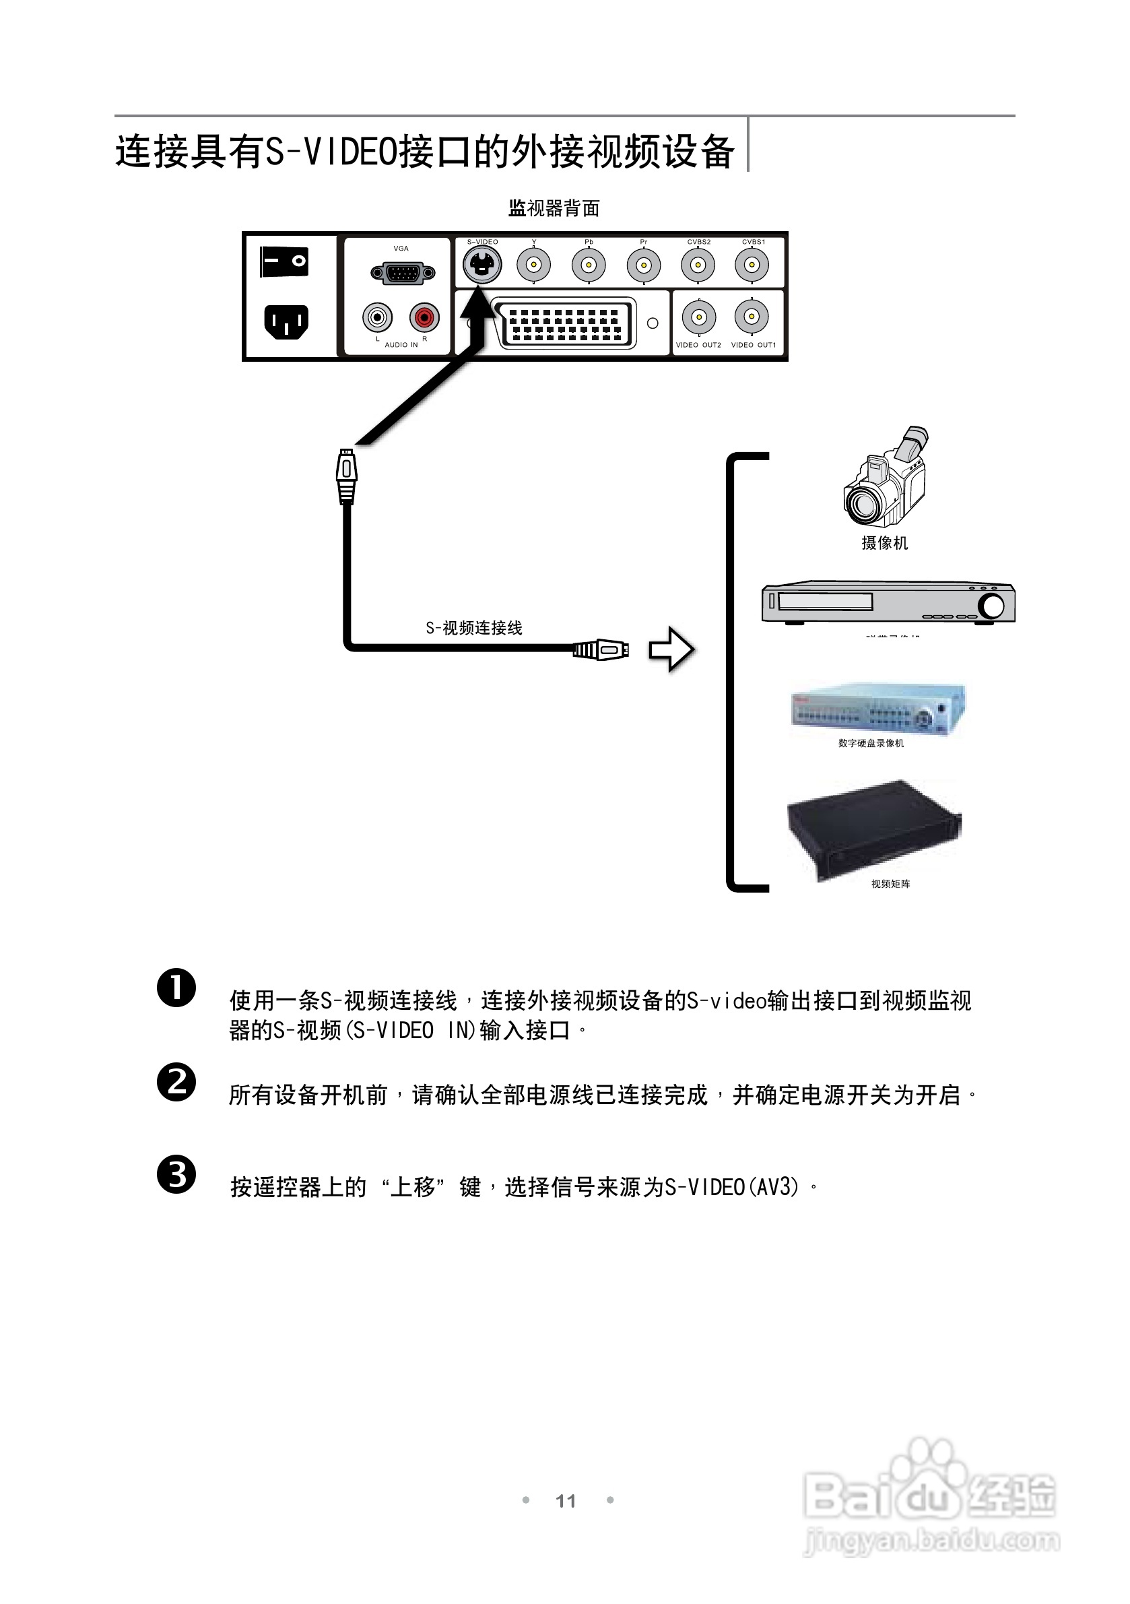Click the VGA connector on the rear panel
coord(402,272)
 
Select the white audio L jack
coord(377,318)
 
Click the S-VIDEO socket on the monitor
coord(482,265)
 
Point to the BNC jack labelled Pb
coord(588,265)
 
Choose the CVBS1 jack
coord(752,265)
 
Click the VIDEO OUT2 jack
coord(698,317)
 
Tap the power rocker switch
coord(284,262)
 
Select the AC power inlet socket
coord(286,322)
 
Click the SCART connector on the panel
coord(564,323)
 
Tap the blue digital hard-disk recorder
coord(879,709)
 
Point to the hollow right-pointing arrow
coord(671,649)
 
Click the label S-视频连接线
coord(474,628)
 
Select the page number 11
coord(565,1501)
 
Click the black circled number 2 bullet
coord(176,1082)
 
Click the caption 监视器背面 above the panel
coord(554,208)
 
